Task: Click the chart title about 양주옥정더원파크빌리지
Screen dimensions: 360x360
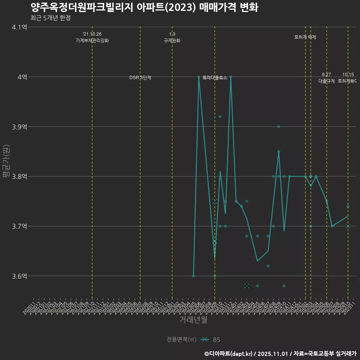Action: point(144,7)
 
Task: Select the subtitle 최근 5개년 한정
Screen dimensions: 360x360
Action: point(50,18)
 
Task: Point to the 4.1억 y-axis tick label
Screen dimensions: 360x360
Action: point(19,27)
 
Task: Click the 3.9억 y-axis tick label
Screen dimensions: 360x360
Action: point(19,127)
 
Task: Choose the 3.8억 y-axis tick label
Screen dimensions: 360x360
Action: point(19,176)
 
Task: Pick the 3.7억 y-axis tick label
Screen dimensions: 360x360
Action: point(19,226)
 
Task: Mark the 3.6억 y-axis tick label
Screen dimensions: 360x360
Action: point(19,276)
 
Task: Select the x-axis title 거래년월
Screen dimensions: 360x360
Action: point(193,320)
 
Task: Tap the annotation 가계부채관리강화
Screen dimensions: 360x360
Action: point(92,40)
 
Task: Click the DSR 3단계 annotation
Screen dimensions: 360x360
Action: point(140,78)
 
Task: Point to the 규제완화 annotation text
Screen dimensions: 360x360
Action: point(172,40)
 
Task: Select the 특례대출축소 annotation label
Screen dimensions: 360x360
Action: point(215,78)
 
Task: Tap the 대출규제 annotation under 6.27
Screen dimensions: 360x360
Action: point(326,81)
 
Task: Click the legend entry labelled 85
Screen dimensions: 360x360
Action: point(216,340)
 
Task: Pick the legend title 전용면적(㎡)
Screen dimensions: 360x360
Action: point(181,340)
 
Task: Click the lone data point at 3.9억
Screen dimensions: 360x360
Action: point(279,127)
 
